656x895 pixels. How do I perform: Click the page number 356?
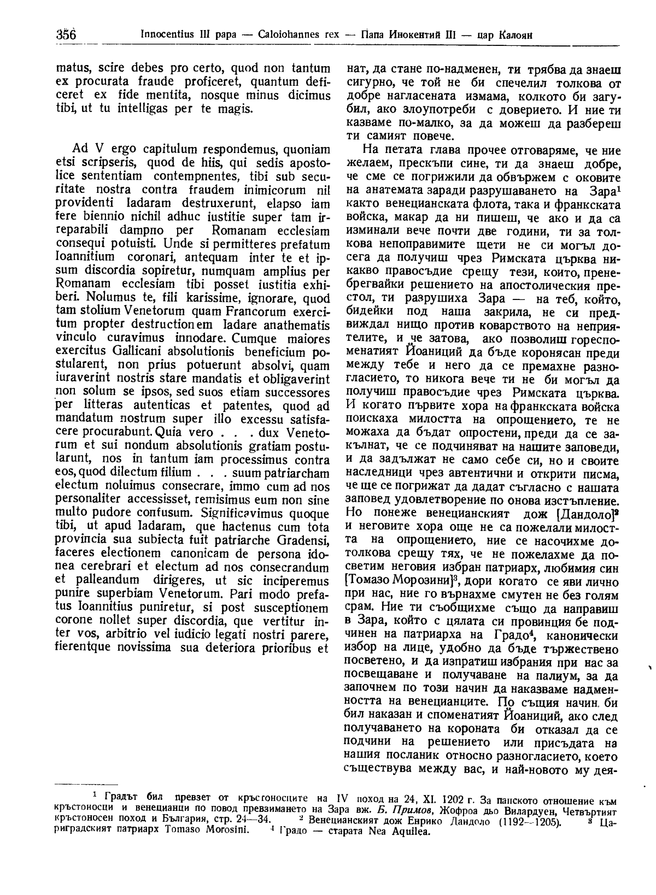point(65,34)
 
